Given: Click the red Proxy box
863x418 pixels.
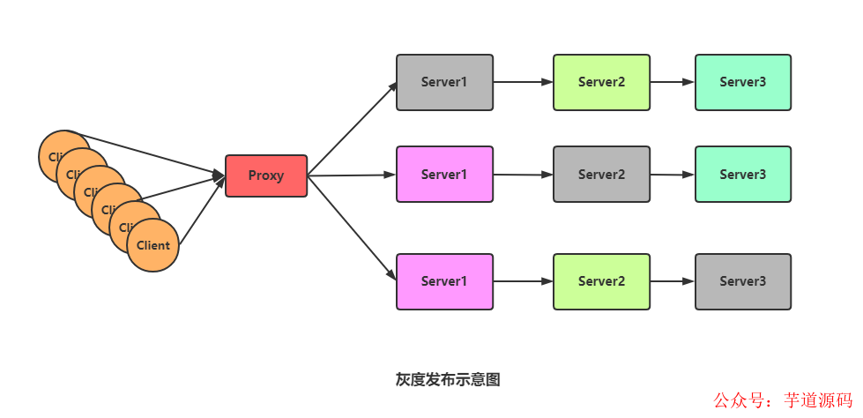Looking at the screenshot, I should click(266, 175).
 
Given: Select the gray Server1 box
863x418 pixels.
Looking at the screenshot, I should click(444, 82).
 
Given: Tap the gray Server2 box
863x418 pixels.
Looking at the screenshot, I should click(601, 175).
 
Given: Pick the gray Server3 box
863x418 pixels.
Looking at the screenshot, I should click(742, 281).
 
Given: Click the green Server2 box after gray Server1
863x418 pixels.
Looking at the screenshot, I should click(601, 82).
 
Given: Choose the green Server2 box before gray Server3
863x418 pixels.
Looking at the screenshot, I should click(601, 281).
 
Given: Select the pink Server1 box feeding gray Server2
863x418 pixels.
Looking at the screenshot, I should click(444, 175).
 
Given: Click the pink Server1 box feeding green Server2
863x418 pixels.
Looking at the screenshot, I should click(444, 281).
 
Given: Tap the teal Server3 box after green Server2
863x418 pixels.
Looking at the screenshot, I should click(742, 82).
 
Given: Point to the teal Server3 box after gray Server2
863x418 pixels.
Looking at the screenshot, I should click(742, 175).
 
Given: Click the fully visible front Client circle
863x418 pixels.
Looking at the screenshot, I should click(153, 245).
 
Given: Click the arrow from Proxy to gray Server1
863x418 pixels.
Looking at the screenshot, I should click(353, 128).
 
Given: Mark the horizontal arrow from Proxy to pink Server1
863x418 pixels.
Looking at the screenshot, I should click(353, 175).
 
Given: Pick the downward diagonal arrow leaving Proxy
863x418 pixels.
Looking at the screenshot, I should click(353, 229).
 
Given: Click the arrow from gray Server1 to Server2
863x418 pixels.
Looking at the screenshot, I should click(523, 82).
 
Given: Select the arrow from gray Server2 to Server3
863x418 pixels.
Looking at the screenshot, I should click(672, 175).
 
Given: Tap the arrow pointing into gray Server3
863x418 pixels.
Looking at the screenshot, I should click(672, 281).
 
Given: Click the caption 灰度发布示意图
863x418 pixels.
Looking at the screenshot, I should click(448, 379).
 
